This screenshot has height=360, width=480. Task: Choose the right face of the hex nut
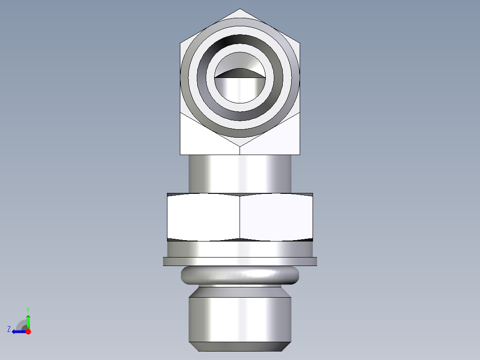click(x=276, y=217)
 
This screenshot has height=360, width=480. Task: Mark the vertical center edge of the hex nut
click(x=240, y=217)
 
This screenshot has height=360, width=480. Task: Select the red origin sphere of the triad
click(x=28, y=331)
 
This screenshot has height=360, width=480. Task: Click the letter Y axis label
click(x=28, y=309)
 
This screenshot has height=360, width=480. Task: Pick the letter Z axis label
click(x=9, y=329)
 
